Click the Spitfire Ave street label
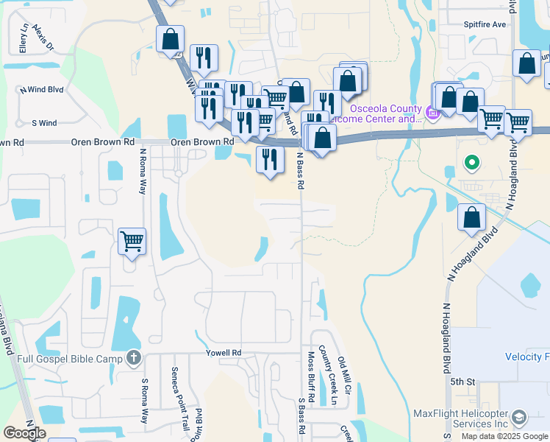[x=485, y=24]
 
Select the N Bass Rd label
[x=300, y=172]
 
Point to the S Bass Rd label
[x=301, y=415]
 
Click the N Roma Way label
[x=143, y=170]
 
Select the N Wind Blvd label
[x=42, y=90]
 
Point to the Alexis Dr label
[x=49, y=39]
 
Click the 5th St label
[x=463, y=382]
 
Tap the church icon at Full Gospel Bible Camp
[x=133, y=359]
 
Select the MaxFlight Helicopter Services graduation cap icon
[x=519, y=418]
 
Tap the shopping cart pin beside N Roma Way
[x=132, y=240]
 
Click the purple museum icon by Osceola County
[x=433, y=113]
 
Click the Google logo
[x=24, y=433]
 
